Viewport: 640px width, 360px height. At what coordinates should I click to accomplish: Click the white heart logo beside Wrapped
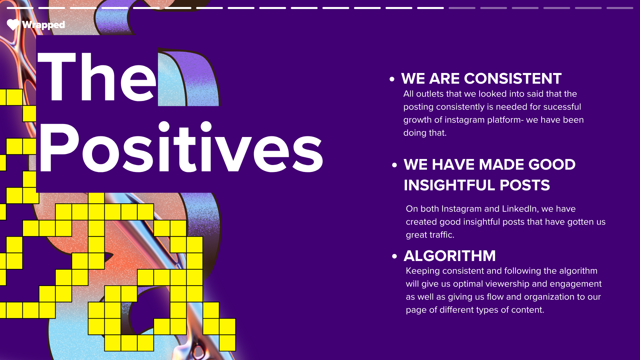pyautogui.click(x=13, y=25)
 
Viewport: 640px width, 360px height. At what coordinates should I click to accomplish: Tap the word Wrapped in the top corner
pyautogui.click(x=43, y=25)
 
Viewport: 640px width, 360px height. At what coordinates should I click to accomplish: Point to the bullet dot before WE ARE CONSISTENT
pyautogui.click(x=392, y=79)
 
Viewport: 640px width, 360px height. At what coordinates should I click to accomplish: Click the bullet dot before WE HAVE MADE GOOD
pyautogui.click(x=395, y=165)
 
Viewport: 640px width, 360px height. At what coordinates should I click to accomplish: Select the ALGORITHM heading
pyautogui.click(x=450, y=256)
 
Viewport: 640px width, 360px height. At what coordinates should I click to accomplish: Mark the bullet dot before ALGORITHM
pyautogui.click(x=395, y=256)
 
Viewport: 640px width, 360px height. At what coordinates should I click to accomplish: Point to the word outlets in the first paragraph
pyautogui.click(x=430, y=94)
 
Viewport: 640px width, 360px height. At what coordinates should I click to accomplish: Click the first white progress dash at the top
pyautogui.click(x=20, y=8)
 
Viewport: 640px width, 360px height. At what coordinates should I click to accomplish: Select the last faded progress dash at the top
pyautogui.click(x=620, y=8)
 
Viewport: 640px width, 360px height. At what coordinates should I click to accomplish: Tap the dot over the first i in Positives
pyautogui.click(x=164, y=127)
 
